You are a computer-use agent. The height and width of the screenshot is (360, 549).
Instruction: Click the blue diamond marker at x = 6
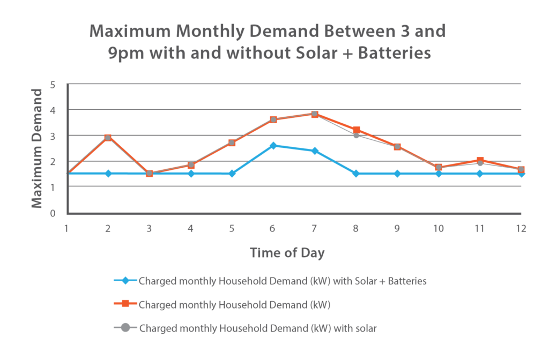tap(273, 145)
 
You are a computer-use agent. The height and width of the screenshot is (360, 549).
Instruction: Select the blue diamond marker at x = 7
tap(315, 151)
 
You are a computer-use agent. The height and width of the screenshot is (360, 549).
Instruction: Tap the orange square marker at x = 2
tap(108, 138)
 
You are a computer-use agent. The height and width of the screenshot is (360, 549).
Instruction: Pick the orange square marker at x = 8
tap(356, 130)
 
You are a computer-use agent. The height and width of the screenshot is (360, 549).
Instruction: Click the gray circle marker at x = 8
tap(356, 135)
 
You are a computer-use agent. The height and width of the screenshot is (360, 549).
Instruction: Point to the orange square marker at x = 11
tap(480, 160)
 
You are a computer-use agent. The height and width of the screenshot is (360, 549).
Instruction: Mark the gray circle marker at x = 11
tap(480, 163)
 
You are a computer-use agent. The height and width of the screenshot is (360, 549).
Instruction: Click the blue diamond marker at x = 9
tap(397, 174)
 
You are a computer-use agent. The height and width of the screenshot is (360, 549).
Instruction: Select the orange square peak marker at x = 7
tap(315, 114)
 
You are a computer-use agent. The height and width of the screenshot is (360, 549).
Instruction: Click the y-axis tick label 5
tap(53, 85)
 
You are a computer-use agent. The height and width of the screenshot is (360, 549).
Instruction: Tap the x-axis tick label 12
tap(521, 228)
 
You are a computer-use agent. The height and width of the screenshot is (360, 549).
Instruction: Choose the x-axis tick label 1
tap(66, 228)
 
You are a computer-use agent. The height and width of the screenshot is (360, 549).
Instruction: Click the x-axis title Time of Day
tap(287, 253)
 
